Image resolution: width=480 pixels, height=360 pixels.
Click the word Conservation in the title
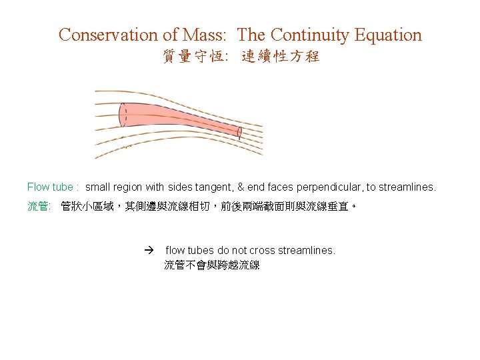(x=107, y=35)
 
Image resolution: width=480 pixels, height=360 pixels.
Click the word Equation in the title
(x=389, y=35)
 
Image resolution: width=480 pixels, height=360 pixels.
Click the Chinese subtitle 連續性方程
(x=281, y=57)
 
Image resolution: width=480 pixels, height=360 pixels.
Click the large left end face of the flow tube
(x=123, y=115)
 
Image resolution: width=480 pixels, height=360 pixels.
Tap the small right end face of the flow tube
(x=239, y=132)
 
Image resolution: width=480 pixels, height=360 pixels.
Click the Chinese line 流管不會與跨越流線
(x=212, y=265)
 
